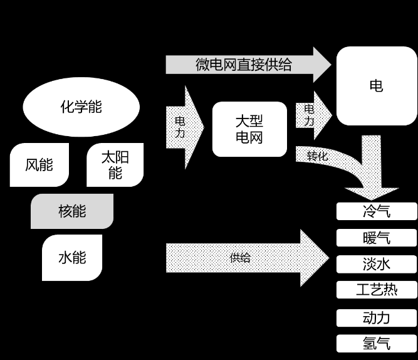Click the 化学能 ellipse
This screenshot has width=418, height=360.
(x=81, y=107)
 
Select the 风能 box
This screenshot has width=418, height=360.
(x=39, y=165)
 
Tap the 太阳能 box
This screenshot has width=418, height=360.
(x=115, y=165)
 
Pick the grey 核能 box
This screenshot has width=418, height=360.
(x=72, y=211)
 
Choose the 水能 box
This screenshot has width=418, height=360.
(x=72, y=258)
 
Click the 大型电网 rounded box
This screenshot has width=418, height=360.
(x=249, y=129)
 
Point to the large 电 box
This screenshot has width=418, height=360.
(x=377, y=86)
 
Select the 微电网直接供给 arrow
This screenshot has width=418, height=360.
(x=248, y=65)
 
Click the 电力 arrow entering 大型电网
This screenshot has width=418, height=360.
(x=185, y=127)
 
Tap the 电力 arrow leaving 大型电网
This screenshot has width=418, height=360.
(x=314, y=115)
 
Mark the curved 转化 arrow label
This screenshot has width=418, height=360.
(x=317, y=156)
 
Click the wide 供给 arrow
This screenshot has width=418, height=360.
(x=248, y=258)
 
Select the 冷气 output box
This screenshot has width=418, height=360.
(x=377, y=211)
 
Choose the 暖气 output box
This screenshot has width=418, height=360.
(x=377, y=238)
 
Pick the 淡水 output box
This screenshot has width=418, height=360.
(x=377, y=264)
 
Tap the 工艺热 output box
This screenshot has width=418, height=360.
(x=377, y=290)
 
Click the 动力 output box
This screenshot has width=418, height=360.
(x=377, y=318)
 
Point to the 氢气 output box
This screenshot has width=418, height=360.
(x=377, y=344)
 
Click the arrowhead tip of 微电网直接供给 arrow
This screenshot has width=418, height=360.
(x=332, y=65)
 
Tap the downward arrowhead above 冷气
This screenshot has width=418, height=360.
(x=372, y=194)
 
